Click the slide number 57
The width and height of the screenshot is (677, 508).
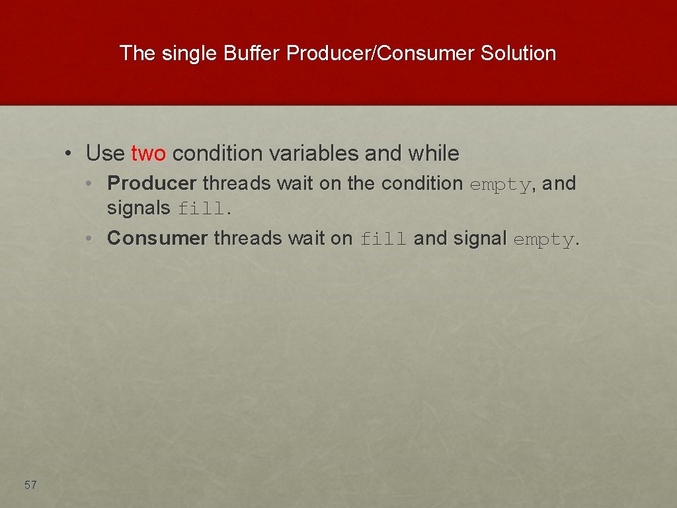[x=30, y=485]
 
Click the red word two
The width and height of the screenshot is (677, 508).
[x=149, y=153]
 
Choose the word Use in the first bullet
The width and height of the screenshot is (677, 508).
[x=105, y=153]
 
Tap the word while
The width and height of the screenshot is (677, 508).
[x=433, y=153]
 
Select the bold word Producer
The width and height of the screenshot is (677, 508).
[x=151, y=183]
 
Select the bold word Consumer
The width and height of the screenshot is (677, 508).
[x=157, y=238]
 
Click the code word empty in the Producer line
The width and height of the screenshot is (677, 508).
[x=500, y=184]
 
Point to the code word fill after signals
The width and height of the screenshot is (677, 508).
[x=201, y=209]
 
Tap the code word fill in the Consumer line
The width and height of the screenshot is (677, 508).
[x=383, y=239]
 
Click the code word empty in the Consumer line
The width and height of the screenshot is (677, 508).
[x=543, y=239]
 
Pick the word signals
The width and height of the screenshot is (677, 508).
[x=138, y=208]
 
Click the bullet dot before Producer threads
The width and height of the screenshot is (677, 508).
[x=89, y=183]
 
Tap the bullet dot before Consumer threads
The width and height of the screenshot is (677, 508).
[x=89, y=238]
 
